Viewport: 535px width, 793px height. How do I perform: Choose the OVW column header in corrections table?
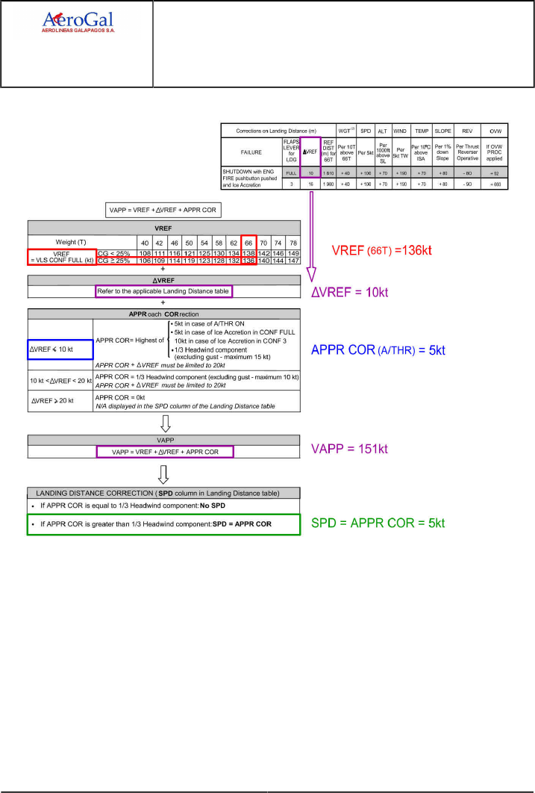(494, 130)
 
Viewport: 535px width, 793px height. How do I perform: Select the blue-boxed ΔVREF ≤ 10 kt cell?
(60, 349)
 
